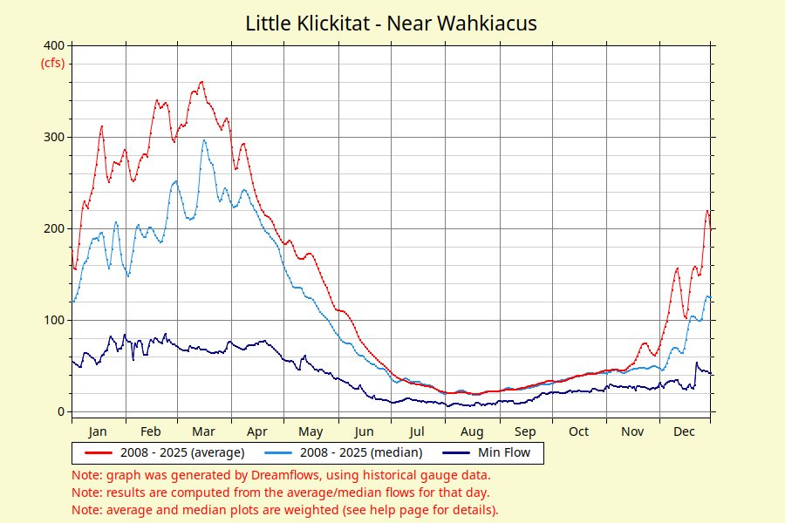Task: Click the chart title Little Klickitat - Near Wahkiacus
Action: tap(391, 24)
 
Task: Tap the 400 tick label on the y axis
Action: tap(54, 45)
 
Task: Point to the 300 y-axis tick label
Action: tap(54, 137)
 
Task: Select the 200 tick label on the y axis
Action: tap(54, 228)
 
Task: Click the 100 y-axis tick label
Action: tap(54, 320)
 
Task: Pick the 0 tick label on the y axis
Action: tap(61, 412)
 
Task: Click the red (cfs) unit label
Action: tap(52, 63)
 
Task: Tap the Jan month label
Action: tap(98, 431)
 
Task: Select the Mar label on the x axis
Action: tap(203, 431)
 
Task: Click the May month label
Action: tap(311, 432)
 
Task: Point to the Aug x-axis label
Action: tap(472, 432)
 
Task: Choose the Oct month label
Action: tap(579, 431)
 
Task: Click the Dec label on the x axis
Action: tap(684, 431)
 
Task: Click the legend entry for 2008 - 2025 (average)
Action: tap(165, 452)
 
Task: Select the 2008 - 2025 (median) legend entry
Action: tap(344, 452)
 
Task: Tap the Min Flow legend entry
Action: tap(486, 452)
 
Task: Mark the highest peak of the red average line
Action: tap(201, 82)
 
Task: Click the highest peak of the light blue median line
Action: tap(204, 140)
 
